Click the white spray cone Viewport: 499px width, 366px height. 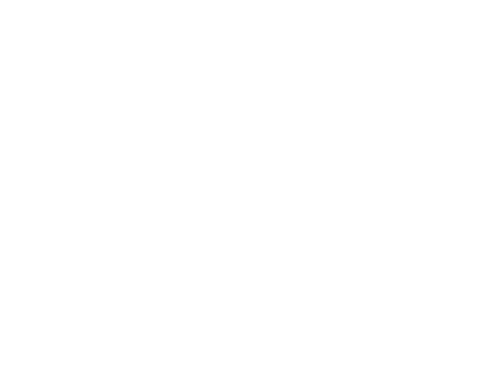tap(96, 150)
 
